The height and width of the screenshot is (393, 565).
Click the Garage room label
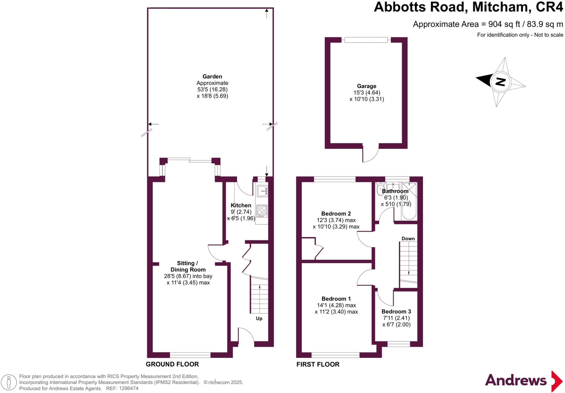(366, 86)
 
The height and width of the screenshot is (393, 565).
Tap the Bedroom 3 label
(396, 312)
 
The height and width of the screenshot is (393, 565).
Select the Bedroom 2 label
(336, 214)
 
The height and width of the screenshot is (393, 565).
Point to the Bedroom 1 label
(336, 299)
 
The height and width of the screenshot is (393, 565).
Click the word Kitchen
(241, 205)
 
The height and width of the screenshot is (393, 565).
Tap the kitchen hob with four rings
(262, 211)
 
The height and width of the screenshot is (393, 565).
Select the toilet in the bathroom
(380, 188)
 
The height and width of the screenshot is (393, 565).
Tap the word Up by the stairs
(259, 318)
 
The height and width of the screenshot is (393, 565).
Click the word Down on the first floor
(408, 238)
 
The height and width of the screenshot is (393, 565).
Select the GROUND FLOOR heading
(172, 364)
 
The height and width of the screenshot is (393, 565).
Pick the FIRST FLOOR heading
(318, 364)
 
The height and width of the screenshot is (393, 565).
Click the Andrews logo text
(516, 381)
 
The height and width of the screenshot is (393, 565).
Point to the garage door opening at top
(366, 40)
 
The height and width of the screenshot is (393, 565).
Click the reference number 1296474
(129, 389)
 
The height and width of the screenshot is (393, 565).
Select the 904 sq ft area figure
(504, 24)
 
